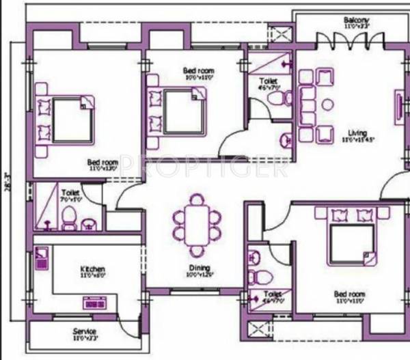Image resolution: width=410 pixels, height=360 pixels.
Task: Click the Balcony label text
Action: (356, 21)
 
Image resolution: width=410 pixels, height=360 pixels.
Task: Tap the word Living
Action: (356, 133)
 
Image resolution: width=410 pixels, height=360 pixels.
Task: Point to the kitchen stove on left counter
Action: (42, 259)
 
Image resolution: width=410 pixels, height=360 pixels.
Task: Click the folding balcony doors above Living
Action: (351, 40)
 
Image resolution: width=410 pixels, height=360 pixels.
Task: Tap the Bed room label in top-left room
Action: (102, 163)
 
